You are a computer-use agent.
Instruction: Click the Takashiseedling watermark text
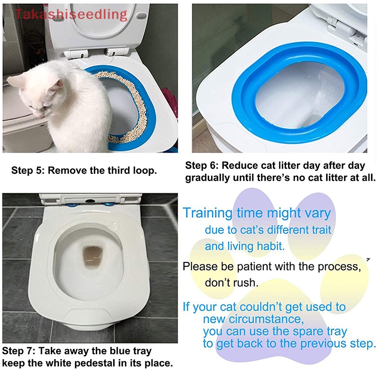pos(71,14)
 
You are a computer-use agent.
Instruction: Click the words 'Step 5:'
pos(27,171)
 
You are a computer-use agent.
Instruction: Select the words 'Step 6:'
pos(202,166)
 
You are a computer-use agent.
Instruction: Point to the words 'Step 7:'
pos(18,352)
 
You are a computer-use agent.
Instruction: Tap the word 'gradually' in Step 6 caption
pos(206,178)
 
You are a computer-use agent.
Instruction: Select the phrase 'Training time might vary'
pos(257,213)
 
